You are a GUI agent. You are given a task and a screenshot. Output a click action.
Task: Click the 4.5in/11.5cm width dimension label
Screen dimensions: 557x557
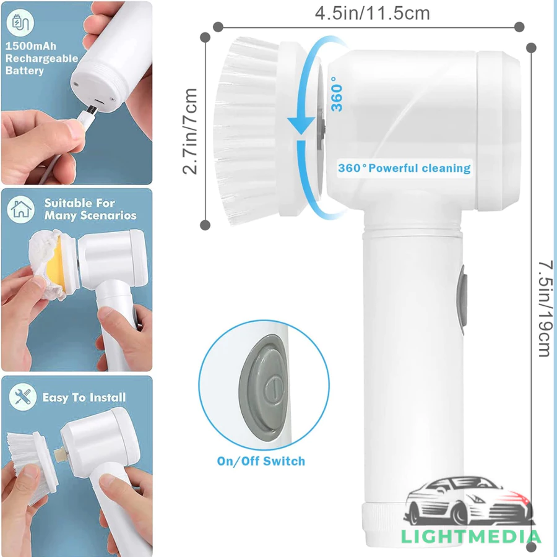pyautogui.click(x=373, y=13)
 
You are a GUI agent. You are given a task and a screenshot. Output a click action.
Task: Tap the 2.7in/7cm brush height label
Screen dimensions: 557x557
pyautogui.click(x=190, y=131)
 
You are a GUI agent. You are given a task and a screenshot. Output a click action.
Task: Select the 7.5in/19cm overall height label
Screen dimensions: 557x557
pyautogui.click(x=546, y=308)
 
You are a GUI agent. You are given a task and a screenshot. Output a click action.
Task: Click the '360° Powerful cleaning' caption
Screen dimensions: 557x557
pyautogui.click(x=404, y=168)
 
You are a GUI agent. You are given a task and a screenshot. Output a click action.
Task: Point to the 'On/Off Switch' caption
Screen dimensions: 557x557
pyautogui.click(x=261, y=461)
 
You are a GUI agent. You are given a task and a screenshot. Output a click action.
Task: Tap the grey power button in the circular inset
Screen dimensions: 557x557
pyautogui.click(x=264, y=388)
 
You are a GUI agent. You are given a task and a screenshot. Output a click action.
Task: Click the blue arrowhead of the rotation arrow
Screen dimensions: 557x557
pyautogui.click(x=301, y=126)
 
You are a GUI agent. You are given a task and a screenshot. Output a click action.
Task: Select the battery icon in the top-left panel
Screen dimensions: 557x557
pyautogui.click(x=20, y=23)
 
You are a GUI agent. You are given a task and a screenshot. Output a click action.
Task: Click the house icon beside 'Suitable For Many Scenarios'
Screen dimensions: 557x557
pyautogui.click(x=21, y=209)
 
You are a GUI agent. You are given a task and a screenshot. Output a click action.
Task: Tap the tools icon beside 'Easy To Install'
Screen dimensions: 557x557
pyautogui.click(x=23, y=397)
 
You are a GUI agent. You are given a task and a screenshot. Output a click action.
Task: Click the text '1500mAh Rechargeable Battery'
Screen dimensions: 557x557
pyautogui.click(x=41, y=58)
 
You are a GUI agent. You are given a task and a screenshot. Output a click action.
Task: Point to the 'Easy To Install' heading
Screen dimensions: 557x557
pyautogui.click(x=84, y=397)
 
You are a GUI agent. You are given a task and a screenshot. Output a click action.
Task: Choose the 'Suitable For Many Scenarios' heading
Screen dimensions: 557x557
pyautogui.click(x=90, y=209)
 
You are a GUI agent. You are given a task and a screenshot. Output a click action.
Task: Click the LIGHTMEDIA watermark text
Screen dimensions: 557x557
pyautogui.click(x=471, y=537)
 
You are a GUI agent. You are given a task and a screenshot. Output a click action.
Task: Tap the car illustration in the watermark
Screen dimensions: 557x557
pyautogui.click(x=469, y=501)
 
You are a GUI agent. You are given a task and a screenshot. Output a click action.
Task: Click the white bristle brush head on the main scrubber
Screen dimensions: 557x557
pyautogui.click(x=249, y=131)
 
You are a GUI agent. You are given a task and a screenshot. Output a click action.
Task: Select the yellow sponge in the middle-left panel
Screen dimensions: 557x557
pyautogui.click(x=54, y=262)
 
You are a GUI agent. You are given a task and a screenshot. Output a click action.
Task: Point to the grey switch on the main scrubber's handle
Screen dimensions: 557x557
pyautogui.click(x=462, y=300)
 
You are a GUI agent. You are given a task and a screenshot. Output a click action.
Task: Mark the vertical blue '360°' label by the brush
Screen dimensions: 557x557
pyautogui.click(x=337, y=94)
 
